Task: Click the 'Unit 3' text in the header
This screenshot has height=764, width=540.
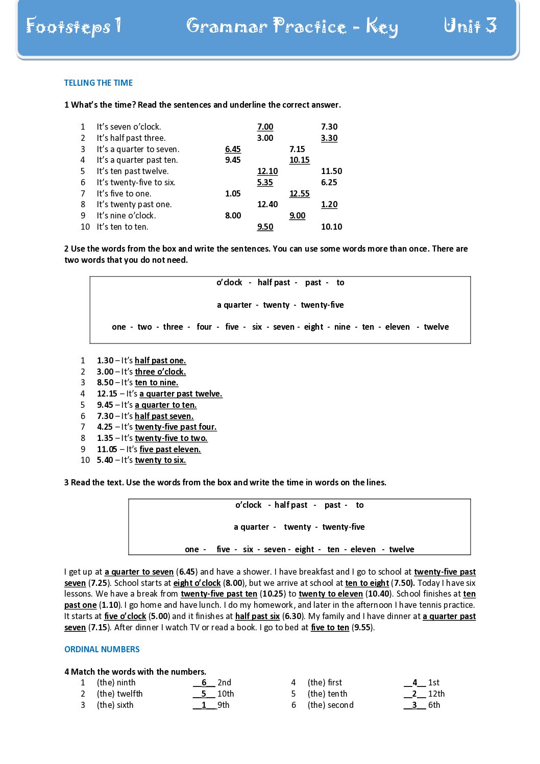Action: tap(470, 26)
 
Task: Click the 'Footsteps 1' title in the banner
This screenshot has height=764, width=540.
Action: tap(74, 26)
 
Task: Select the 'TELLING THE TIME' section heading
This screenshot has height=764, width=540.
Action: tap(99, 83)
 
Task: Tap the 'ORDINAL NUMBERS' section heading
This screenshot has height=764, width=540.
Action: tap(102, 649)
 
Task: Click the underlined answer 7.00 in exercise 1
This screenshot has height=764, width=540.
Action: tap(265, 127)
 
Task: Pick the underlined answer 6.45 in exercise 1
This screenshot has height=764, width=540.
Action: tap(233, 149)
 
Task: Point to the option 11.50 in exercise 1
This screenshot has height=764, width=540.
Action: tap(331, 171)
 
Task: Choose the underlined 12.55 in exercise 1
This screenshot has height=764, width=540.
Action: tap(299, 193)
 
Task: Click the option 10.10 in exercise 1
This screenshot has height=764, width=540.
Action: tap(331, 227)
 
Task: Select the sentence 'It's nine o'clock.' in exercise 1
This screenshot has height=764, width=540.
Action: tap(126, 215)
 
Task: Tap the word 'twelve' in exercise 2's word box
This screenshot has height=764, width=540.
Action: tap(436, 327)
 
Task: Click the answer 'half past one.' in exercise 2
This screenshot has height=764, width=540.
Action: tap(160, 360)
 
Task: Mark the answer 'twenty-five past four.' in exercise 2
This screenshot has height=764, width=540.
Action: tap(176, 427)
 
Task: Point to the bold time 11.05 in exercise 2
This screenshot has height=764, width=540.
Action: tap(107, 449)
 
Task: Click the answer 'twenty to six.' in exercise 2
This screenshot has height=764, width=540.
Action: tap(160, 460)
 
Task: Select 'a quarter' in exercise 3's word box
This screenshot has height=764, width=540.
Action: tap(251, 527)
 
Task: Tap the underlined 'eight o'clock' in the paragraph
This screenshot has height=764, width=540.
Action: tap(197, 583)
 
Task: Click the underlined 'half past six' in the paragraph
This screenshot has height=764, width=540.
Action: tap(257, 616)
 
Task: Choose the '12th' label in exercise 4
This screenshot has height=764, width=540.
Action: tap(436, 694)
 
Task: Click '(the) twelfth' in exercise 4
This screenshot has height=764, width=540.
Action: tap(120, 694)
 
